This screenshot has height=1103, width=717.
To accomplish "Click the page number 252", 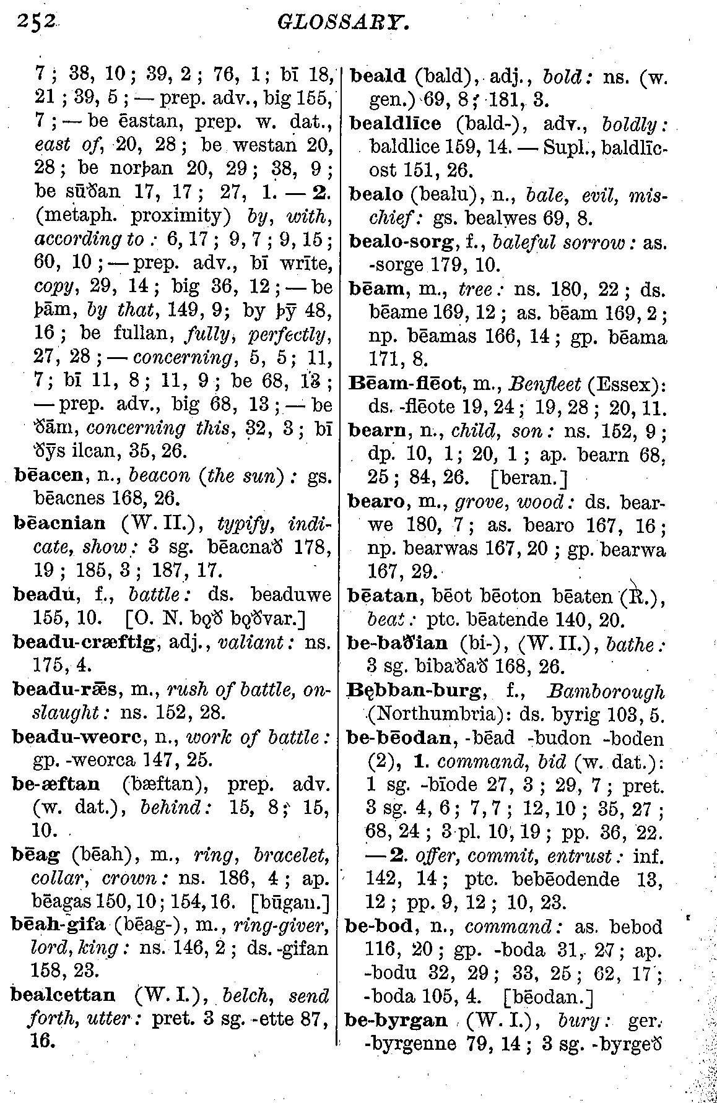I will (x=37, y=23).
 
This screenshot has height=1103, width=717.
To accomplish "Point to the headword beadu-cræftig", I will (x=85, y=640).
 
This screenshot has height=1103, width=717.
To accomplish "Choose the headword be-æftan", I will (x=56, y=784).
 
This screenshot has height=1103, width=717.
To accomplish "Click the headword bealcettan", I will (x=64, y=995).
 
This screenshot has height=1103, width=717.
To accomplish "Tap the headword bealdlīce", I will (x=396, y=123).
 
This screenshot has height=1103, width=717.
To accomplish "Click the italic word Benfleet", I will (x=545, y=384).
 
